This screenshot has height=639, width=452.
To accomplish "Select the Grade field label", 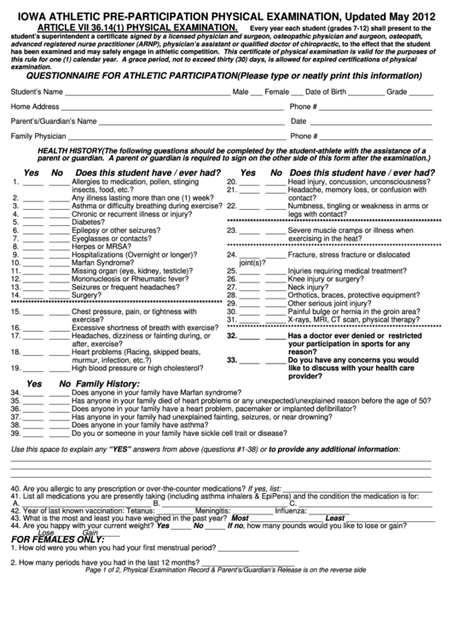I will point(397,90).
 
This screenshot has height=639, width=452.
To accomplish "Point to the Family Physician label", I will point(38,136).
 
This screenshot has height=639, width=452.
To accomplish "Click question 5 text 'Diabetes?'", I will point(88,222).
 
